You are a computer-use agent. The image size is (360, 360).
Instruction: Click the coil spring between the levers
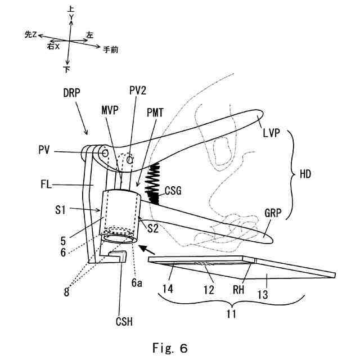[x=153, y=181]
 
